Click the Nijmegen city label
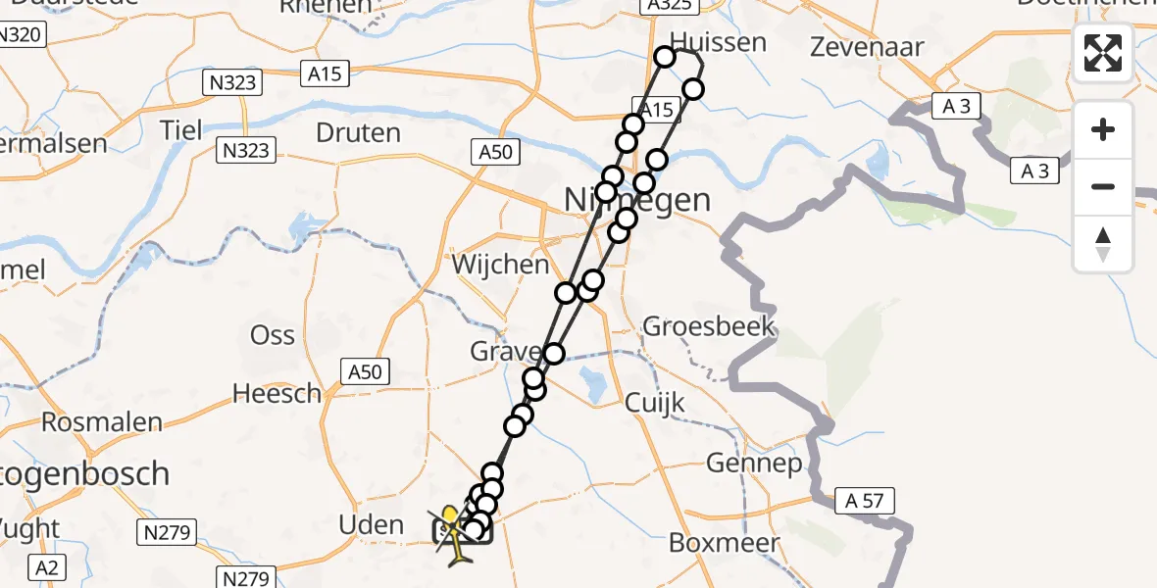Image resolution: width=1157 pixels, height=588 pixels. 637,200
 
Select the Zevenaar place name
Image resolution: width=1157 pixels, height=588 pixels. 854,46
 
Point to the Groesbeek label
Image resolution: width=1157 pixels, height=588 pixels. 709,326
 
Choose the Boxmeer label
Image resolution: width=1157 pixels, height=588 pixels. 725,542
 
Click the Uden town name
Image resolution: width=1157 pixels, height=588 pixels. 371,524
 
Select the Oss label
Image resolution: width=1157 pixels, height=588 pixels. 273,334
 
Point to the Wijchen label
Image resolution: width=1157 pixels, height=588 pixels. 500,265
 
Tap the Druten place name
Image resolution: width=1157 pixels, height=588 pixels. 358,132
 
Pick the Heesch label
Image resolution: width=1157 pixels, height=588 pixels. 277,394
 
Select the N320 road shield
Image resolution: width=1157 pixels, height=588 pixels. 20,34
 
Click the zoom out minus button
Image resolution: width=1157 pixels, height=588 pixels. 1103,186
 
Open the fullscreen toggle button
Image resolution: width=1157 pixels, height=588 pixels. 1103,53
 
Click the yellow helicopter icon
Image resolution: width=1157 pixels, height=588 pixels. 453,535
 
